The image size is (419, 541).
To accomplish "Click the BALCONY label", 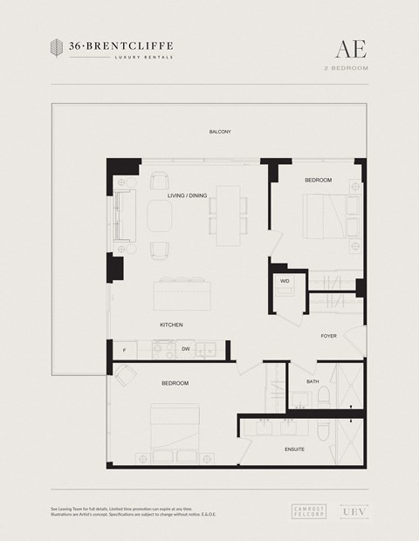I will (x=220, y=132).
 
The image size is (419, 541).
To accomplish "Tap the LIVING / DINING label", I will (x=187, y=195).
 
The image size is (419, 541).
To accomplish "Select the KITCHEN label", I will (x=171, y=325).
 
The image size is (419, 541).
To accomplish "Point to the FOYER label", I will (x=328, y=335).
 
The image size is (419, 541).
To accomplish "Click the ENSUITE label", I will (x=295, y=449).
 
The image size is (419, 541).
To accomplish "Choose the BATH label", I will (x=313, y=381).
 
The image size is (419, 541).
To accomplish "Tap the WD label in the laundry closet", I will (x=285, y=281).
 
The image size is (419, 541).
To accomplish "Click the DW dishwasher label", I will (x=185, y=349).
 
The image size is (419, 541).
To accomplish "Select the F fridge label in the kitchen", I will (x=125, y=349).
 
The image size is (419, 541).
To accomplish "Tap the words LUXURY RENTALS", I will (x=144, y=57).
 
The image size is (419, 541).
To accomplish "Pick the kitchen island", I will (x=182, y=293).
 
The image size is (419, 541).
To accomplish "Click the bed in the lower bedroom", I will (x=179, y=431).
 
